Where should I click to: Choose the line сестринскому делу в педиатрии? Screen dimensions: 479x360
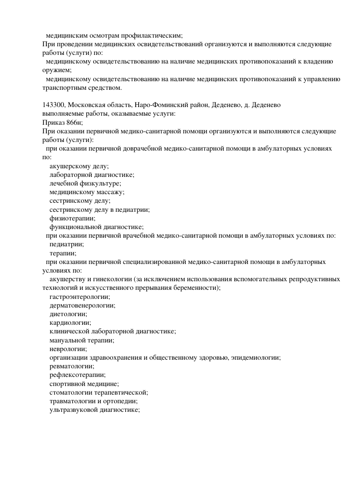[99, 210]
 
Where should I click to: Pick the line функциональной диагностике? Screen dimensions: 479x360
[97, 227]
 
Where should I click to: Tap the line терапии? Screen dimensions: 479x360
[63, 253]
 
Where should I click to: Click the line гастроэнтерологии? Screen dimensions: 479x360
[79, 297]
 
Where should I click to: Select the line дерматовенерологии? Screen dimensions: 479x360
[82, 306]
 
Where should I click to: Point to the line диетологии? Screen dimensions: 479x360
[69, 314]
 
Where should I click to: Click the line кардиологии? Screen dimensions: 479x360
[70, 323]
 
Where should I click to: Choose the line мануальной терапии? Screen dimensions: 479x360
[82, 340]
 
